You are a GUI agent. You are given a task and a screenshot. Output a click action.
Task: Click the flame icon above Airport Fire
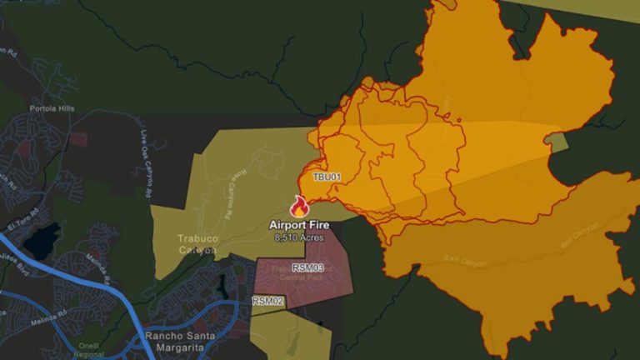[x=299, y=207]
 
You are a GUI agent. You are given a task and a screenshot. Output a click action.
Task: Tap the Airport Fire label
[x=298, y=225]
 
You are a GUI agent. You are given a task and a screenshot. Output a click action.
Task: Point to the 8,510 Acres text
[x=297, y=237]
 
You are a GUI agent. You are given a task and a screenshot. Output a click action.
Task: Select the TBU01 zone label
[x=327, y=177]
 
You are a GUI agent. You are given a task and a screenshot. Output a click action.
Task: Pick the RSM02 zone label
[x=268, y=301]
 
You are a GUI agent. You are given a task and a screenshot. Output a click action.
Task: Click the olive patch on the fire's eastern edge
[x=557, y=142]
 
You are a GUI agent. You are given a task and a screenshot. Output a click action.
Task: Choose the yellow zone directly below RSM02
[x=292, y=333]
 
